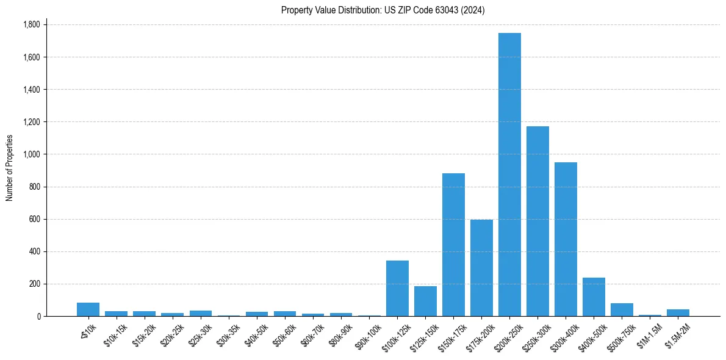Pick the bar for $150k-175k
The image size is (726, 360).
pos(453,245)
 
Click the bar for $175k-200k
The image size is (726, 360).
pos(481,268)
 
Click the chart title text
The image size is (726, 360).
pos(383,10)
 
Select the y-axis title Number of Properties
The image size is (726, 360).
pos(10,168)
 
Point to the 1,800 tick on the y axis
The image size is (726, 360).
pos(31,25)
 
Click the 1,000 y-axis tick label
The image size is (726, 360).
pos(31,154)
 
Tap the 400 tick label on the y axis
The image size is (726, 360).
pos(34,251)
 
